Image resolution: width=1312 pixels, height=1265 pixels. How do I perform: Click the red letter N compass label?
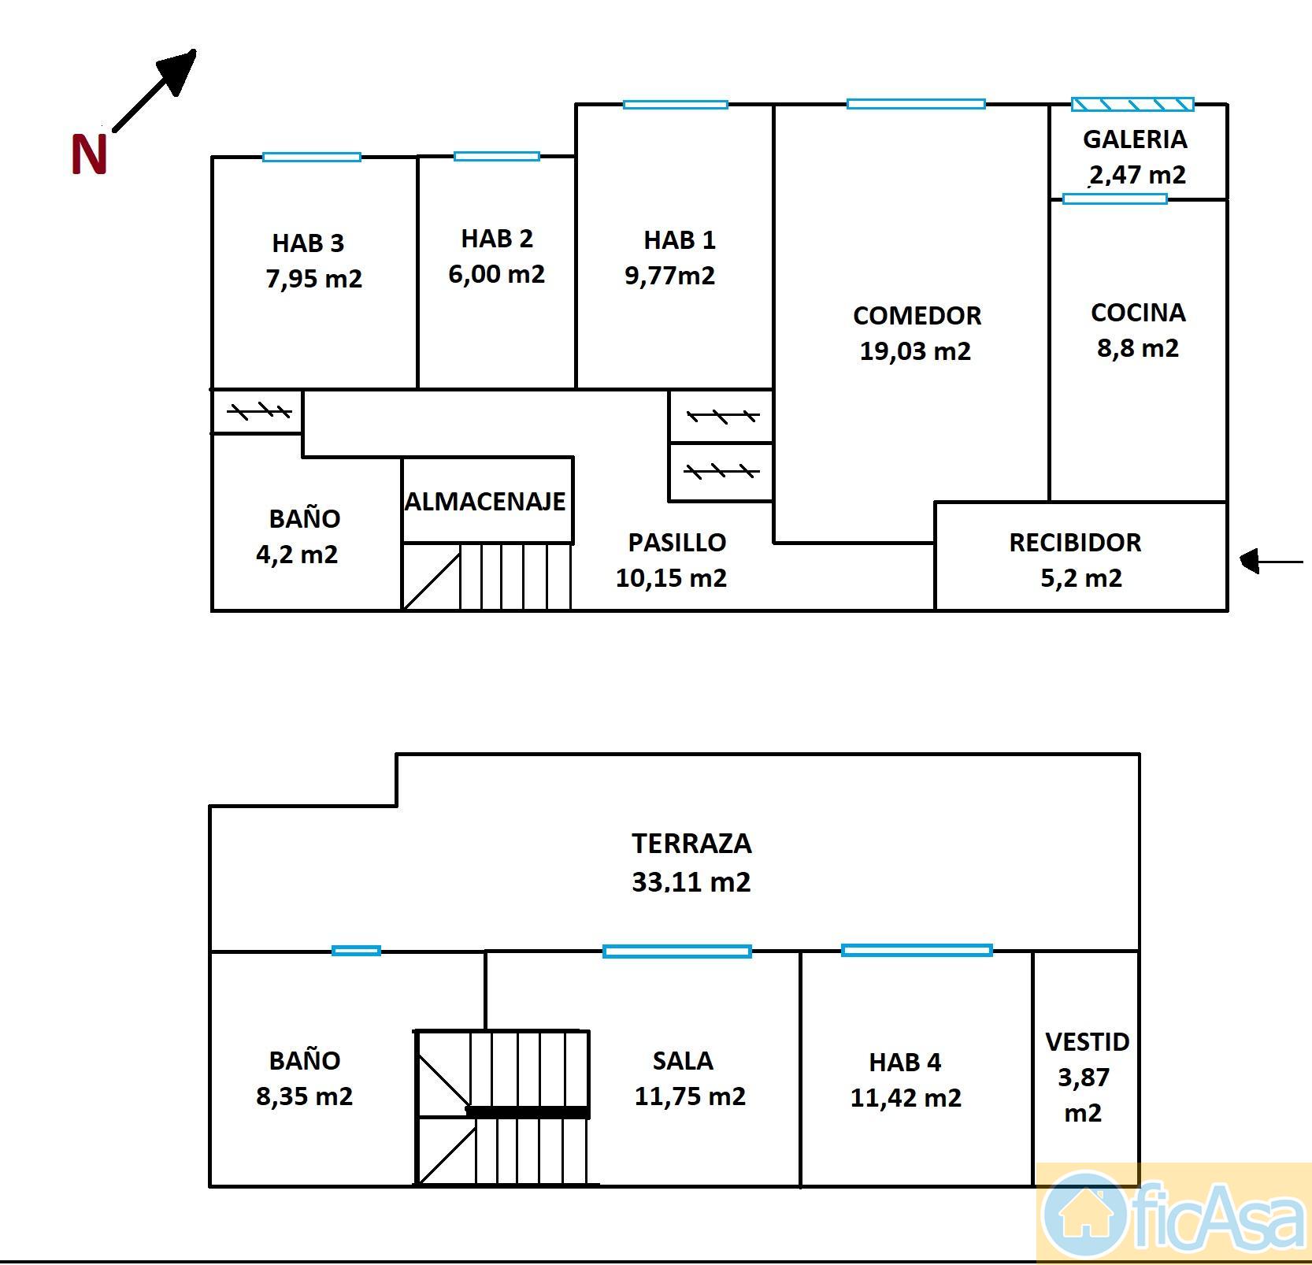[x=89, y=154]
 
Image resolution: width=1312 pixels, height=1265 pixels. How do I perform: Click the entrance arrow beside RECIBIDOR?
[x=1271, y=562]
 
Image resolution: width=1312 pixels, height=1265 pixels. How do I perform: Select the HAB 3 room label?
[x=308, y=243]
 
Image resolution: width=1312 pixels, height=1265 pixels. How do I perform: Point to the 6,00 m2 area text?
[x=496, y=274]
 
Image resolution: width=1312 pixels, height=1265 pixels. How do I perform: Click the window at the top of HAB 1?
[x=676, y=104]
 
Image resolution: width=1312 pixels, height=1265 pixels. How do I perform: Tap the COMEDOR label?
[x=917, y=315]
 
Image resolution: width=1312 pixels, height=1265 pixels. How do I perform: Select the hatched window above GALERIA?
[x=1132, y=104]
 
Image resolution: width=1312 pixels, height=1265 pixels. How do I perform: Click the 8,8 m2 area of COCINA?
[x=1138, y=348]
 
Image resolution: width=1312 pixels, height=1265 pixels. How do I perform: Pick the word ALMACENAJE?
[x=485, y=501]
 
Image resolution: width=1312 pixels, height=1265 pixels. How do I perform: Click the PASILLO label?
[x=676, y=542]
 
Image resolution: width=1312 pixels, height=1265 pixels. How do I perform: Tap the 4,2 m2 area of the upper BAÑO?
[x=297, y=555]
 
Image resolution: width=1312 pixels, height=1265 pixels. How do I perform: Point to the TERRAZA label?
[x=691, y=844]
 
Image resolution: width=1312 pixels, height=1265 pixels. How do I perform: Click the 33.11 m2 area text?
[x=691, y=881]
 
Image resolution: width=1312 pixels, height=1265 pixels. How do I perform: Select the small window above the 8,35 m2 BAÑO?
[x=356, y=951]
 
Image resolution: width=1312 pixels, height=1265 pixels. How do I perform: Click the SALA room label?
[x=683, y=1061]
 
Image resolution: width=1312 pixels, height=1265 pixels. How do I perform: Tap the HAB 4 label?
[x=905, y=1063]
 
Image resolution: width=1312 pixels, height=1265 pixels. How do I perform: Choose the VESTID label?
[x=1088, y=1042]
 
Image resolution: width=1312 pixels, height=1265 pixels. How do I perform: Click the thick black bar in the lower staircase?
[x=528, y=1112]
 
